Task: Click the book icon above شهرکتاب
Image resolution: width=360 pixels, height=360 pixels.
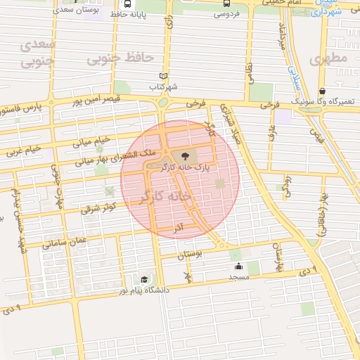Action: click(164, 76)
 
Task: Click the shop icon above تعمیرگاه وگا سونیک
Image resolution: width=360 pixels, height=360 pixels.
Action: click(322, 91)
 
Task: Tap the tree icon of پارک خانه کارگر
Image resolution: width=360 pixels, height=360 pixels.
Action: click(184, 155)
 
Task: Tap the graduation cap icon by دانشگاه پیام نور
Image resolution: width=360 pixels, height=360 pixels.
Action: click(144, 279)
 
